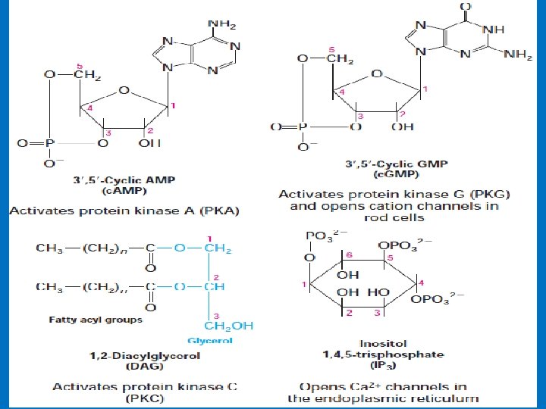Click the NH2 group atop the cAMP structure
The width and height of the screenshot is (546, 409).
pyautogui.click(x=221, y=23)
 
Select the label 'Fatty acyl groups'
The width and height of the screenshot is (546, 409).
pyautogui.click(x=96, y=320)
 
